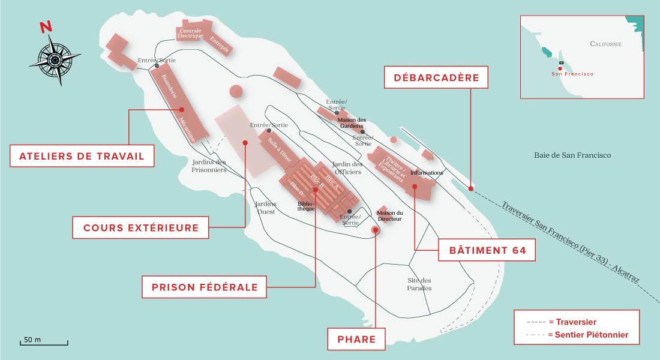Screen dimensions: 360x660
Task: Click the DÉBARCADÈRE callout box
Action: pos(436,77)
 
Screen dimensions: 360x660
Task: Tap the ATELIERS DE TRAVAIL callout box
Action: pos(82,157)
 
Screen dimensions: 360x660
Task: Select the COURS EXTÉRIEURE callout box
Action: pos(141,228)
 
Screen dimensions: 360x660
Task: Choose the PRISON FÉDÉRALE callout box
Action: pos(204,287)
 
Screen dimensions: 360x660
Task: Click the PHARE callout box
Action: pos(356,339)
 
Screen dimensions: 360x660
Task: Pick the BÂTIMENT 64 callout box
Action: pos(484,250)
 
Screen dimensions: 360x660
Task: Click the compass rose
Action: pos(54,58)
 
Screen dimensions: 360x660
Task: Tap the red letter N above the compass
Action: pos(45,27)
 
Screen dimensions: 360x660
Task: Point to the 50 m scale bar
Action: pos(45,342)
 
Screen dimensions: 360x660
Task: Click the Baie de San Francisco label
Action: pos(572,155)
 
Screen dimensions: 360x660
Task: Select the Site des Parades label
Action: pos(419,284)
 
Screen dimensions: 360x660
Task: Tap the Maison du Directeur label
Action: pos(390,216)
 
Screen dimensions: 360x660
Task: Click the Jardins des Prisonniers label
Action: pos(209,166)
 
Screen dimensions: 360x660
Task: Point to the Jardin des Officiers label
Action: pos(347,168)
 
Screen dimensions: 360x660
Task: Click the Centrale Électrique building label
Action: pos(190,34)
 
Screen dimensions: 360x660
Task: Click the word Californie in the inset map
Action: pos(605,44)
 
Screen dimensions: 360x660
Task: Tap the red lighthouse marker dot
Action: pos(375,230)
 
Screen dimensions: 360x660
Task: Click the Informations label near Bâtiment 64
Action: pos(427,173)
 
